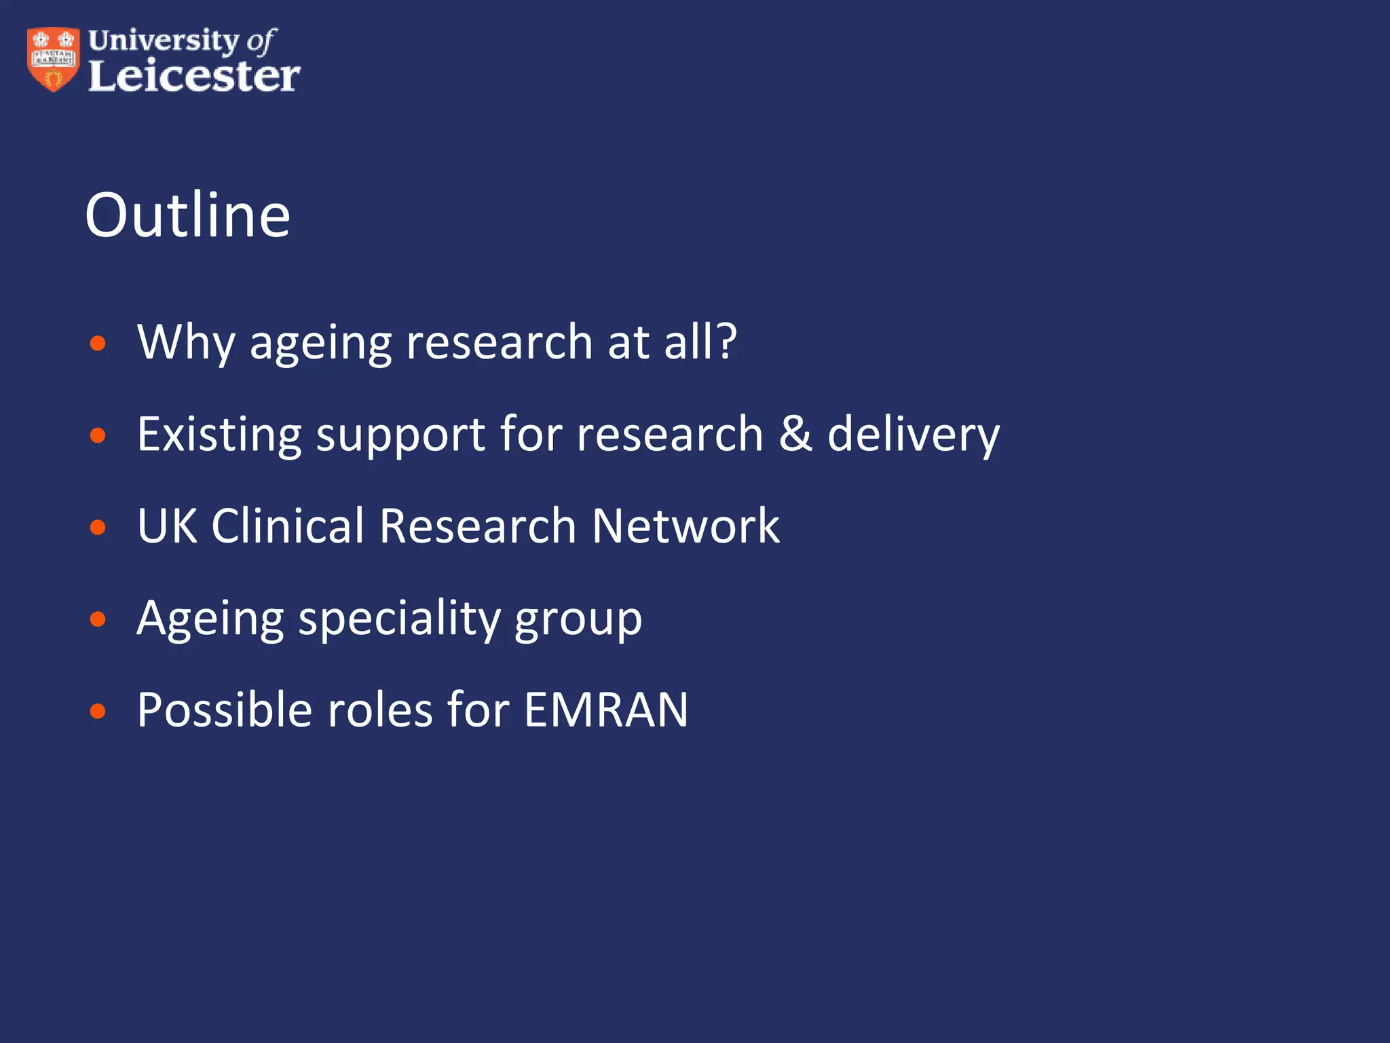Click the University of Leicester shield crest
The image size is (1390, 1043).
[53, 60]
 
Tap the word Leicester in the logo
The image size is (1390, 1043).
[194, 76]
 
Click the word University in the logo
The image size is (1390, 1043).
[163, 41]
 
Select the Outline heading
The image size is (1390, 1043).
[188, 215]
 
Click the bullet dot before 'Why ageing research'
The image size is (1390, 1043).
[98, 343]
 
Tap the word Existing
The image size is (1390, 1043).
[219, 434]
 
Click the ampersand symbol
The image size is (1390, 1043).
[795, 434]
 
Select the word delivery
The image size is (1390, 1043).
[913, 434]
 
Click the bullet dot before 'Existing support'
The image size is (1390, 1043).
[98, 435]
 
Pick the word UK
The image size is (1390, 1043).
[167, 526]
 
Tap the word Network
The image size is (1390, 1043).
[685, 526]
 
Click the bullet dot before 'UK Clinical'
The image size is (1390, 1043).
[98, 527]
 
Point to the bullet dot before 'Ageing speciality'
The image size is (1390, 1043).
[98, 619]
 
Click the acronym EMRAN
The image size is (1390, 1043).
[606, 710]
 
